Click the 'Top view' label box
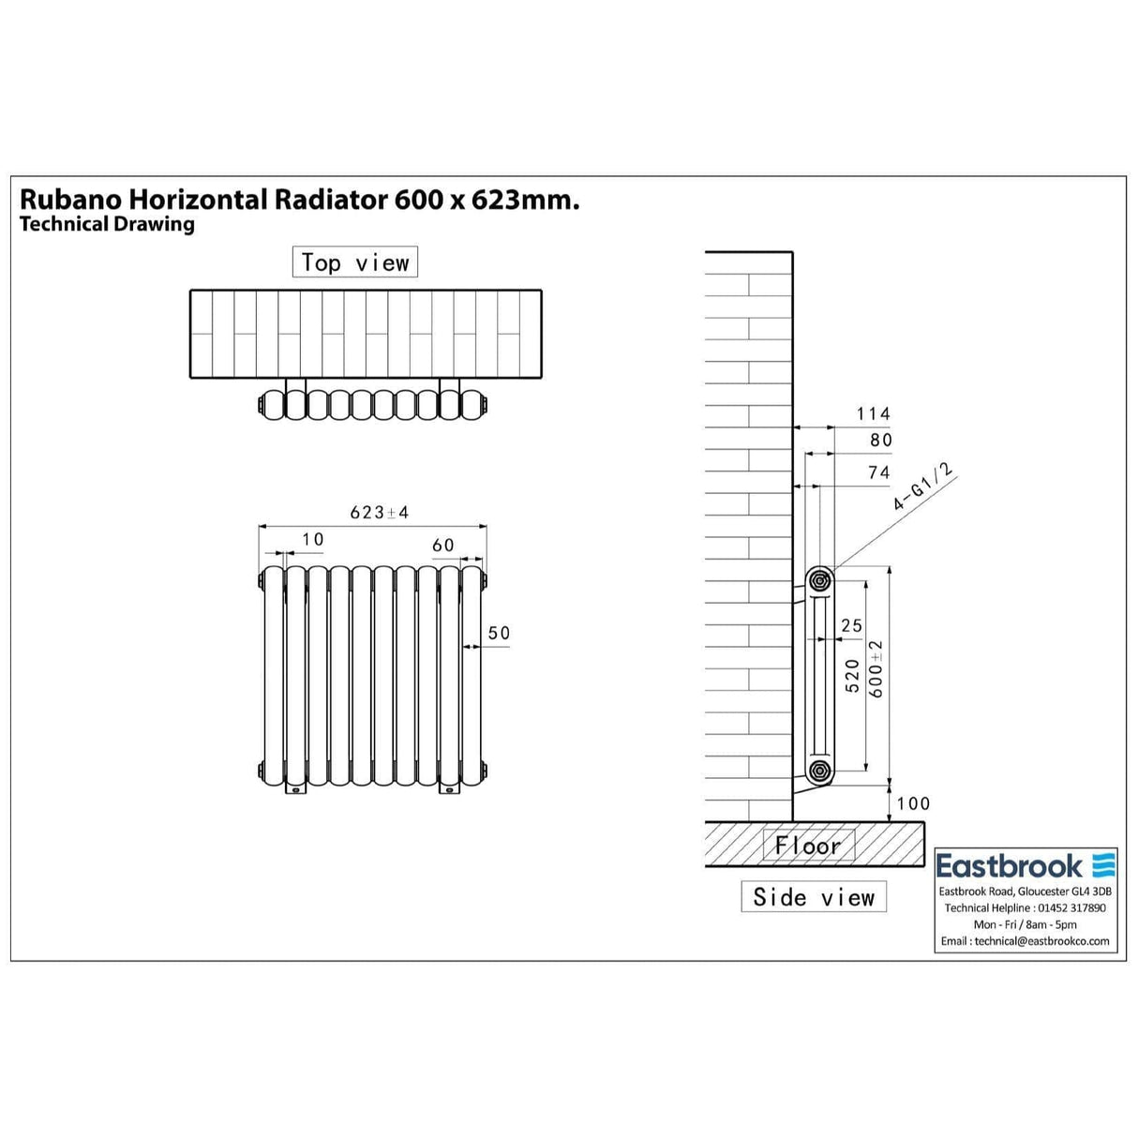coord(354,262)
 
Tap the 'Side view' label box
coord(813,897)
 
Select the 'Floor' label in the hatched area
coord(808,846)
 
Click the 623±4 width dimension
coord(380,512)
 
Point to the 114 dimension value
coord(873,413)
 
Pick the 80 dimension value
coord(880,440)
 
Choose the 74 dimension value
coord(878,472)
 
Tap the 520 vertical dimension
coord(852,675)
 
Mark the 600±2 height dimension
coord(876,669)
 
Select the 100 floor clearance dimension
coord(913,803)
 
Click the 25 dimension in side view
coord(851,625)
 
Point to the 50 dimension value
coord(499,633)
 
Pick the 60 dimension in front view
coord(442,546)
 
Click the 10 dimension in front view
coord(312,539)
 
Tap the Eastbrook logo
coord(1025,865)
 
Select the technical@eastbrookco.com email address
coord(1026,941)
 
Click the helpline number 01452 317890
coord(1071,907)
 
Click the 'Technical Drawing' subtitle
coord(107,224)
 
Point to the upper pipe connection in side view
coord(820,580)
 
